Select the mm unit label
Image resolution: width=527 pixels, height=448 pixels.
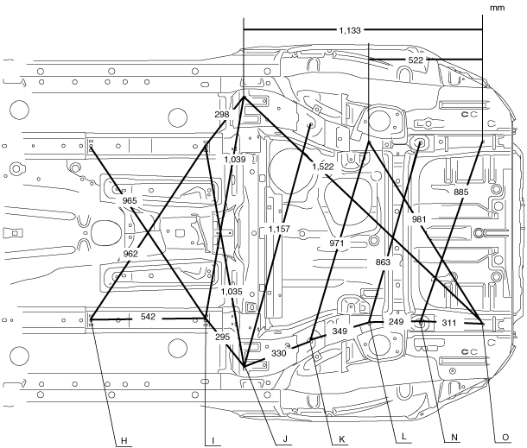496,7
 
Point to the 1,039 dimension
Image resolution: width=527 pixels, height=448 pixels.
234,160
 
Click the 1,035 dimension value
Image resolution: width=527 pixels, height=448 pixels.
232,292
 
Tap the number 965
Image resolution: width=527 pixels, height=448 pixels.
130,200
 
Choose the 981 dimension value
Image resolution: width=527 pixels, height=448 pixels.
421,218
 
